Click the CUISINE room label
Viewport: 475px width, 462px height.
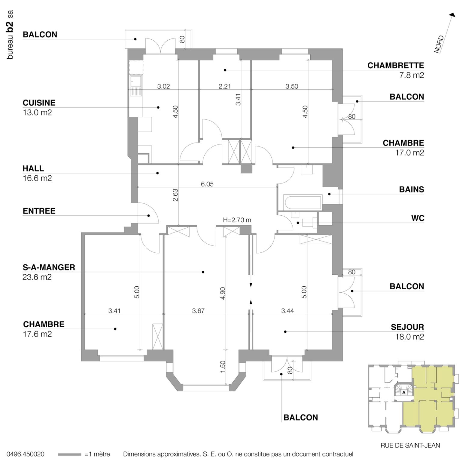(39, 103)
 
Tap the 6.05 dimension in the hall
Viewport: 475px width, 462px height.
(207, 184)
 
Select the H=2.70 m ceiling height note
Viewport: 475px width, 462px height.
(237, 220)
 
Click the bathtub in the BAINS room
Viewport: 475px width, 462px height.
(302, 202)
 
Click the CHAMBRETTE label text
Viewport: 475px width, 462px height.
(395, 66)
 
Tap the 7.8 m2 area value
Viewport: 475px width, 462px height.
(411, 75)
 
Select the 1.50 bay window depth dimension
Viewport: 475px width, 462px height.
(223, 366)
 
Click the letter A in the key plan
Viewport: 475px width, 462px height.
(404, 392)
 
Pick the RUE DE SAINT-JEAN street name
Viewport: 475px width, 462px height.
(410, 445)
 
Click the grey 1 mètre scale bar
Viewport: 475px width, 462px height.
(69, 454)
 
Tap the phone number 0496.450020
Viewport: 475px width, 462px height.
(25, 454)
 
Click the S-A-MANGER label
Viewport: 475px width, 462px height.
(49, 267)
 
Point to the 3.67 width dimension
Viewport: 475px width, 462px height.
(198, 311)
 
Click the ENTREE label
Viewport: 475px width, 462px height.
(39, 211)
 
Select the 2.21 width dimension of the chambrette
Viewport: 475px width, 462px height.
(224, 86)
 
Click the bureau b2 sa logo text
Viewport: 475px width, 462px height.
(10, 35)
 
